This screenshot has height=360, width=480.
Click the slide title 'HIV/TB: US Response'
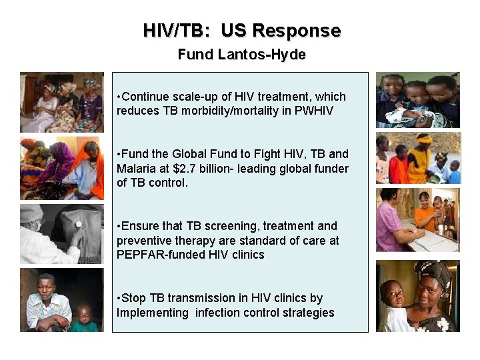241,31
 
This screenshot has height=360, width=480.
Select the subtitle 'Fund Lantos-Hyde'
241,55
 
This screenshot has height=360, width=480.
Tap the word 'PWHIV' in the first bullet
315,111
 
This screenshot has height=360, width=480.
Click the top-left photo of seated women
62,102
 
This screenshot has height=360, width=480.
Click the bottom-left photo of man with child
62,299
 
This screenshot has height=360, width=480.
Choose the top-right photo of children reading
417,100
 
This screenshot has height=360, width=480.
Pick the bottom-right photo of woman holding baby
417,295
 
